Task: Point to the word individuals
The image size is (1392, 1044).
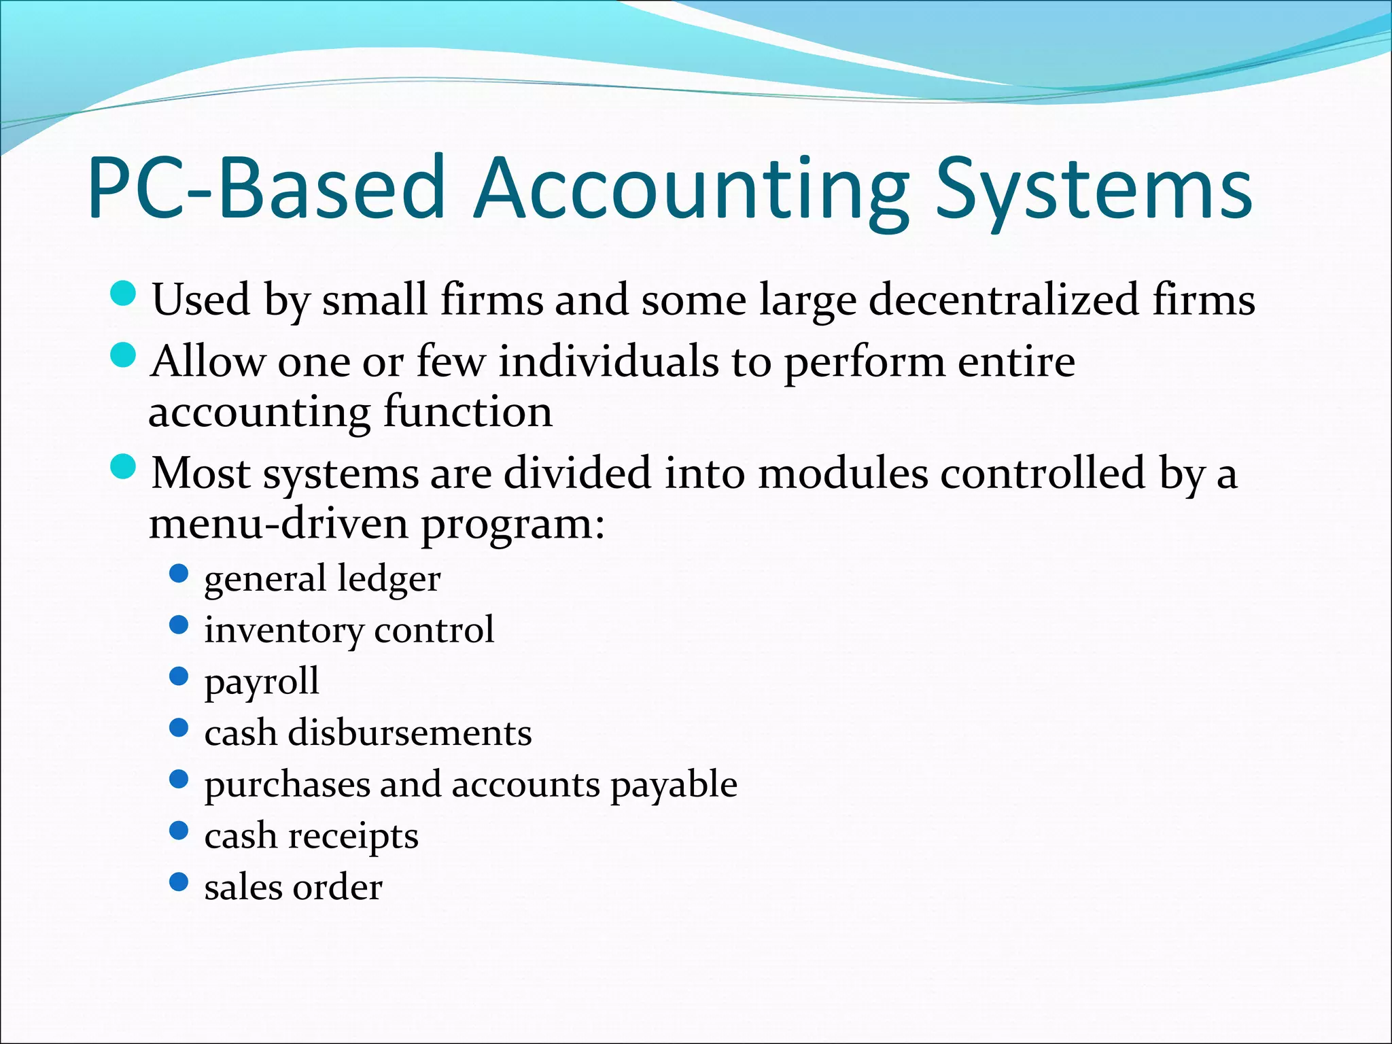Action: (608, 361)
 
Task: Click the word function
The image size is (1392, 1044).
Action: (468, 411)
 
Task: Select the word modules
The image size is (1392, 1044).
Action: (843, 472)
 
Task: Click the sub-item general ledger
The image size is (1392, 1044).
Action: (322, 579)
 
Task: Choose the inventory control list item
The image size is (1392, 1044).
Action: (349, 630)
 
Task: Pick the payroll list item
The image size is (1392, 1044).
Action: (262, 682)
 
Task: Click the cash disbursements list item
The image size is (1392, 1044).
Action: (368, 733)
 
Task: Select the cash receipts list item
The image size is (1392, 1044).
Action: (311, 836)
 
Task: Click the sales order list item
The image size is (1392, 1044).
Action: (293, 887)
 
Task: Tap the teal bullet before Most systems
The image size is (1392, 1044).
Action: (123, 467)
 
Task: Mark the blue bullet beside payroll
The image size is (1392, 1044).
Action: (178, 676)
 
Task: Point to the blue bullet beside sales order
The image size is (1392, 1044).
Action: (178, 882)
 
